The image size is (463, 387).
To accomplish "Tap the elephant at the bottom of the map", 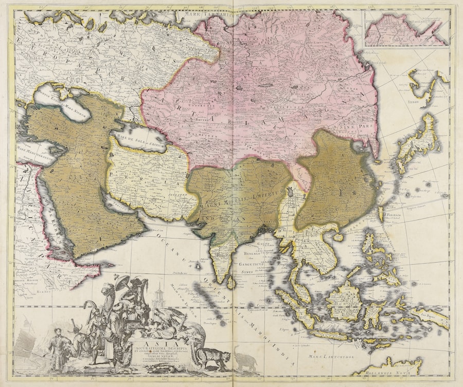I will (x=244, y=358).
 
